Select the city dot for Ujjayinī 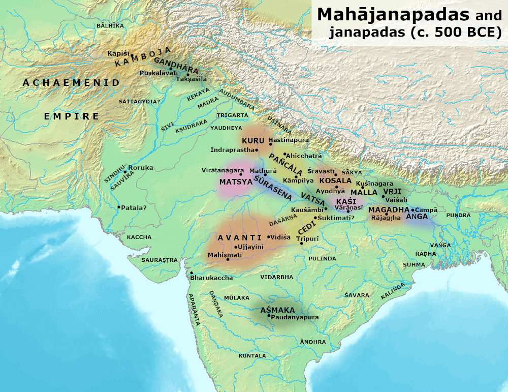(x=236, y=247)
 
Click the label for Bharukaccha (x=211, y=278)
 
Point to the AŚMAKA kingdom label (x=277, y=310)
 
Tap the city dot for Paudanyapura (x=269, y=316)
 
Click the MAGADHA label (x=389, y=209)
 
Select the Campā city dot (x=413, y=209)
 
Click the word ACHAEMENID (x=71, y=83)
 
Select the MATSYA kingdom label (x=236, y=181)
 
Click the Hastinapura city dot (x=270, y=144)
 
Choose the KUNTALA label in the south (x=252, y=356)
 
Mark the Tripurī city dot (x=302, y=244)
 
